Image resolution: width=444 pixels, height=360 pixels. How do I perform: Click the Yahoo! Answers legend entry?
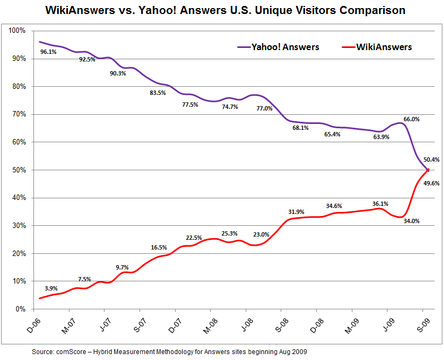[x=278, y=47]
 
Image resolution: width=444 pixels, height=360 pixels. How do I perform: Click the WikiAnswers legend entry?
[x=377, y=47]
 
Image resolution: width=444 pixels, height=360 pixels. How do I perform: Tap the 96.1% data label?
[x=48, y=52]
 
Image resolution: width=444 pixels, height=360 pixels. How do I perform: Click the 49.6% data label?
[x=431, y=183]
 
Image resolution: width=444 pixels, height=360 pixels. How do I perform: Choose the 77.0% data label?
[x=264, y=108]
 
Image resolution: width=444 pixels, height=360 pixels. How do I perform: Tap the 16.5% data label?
[x=158, y=247]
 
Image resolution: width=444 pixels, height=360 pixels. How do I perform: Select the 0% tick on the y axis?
[x=20, y=309]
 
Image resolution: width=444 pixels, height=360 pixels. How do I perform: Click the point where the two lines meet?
[x=428, y=170]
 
